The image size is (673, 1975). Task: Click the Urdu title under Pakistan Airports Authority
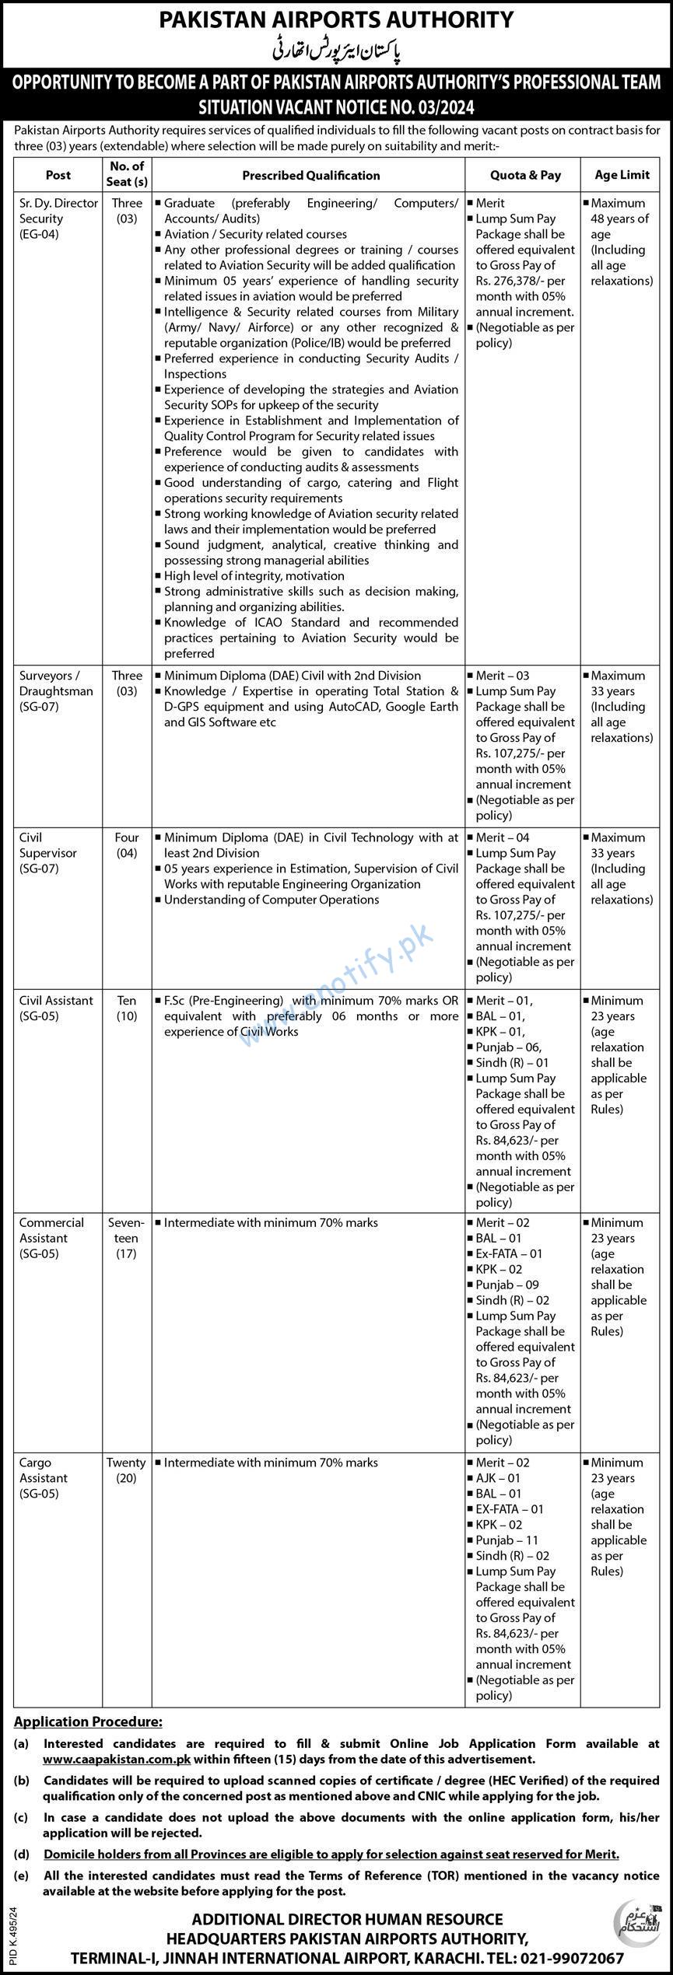(x=336, y=51)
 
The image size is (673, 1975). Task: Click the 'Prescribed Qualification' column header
(x=310, y=176)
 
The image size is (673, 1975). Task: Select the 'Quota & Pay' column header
(x=525, y=176)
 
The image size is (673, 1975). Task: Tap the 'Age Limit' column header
(x=622, y=176)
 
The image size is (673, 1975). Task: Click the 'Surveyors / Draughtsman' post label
(x=56, y=691)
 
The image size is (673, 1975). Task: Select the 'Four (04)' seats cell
(x=126, y=845)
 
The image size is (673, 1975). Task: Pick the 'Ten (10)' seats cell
(x=126, y=1008)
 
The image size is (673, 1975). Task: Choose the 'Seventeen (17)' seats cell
(x=126, y=1238)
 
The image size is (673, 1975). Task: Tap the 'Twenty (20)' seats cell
(x=126, y=1470)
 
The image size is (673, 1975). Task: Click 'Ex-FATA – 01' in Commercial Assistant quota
(x=509, y=1253)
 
